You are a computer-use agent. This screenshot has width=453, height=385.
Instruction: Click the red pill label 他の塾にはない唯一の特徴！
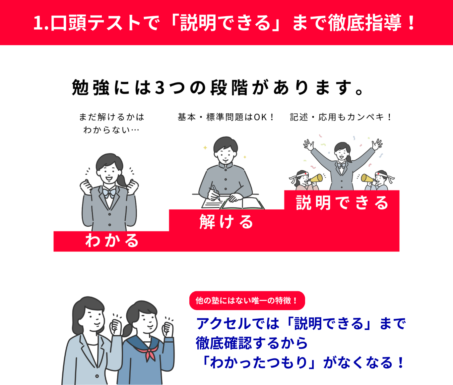[247, 301]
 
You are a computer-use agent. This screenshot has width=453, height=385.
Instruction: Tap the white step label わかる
[112, 240]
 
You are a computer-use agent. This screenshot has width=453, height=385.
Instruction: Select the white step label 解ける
[227, 222]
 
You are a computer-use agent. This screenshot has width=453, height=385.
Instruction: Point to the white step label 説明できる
[342, 203]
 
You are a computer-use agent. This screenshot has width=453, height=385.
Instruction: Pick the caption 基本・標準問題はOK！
[226, 117]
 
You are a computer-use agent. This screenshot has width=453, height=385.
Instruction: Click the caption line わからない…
[111, 130]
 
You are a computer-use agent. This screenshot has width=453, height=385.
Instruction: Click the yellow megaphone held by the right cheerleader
[367, 179]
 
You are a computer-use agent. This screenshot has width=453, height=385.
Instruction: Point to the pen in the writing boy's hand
[216, 192]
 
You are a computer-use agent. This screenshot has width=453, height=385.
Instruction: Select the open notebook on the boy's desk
[242, 203]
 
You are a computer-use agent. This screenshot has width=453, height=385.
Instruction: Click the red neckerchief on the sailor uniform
[149, 353]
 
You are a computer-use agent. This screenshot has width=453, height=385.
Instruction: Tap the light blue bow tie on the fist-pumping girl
[109, 193]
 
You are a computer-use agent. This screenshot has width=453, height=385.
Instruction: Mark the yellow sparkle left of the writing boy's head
[205, 147]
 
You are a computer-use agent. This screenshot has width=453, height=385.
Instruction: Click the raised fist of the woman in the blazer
[115, 327]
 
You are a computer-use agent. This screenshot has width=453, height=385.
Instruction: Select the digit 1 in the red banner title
[38, 23]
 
